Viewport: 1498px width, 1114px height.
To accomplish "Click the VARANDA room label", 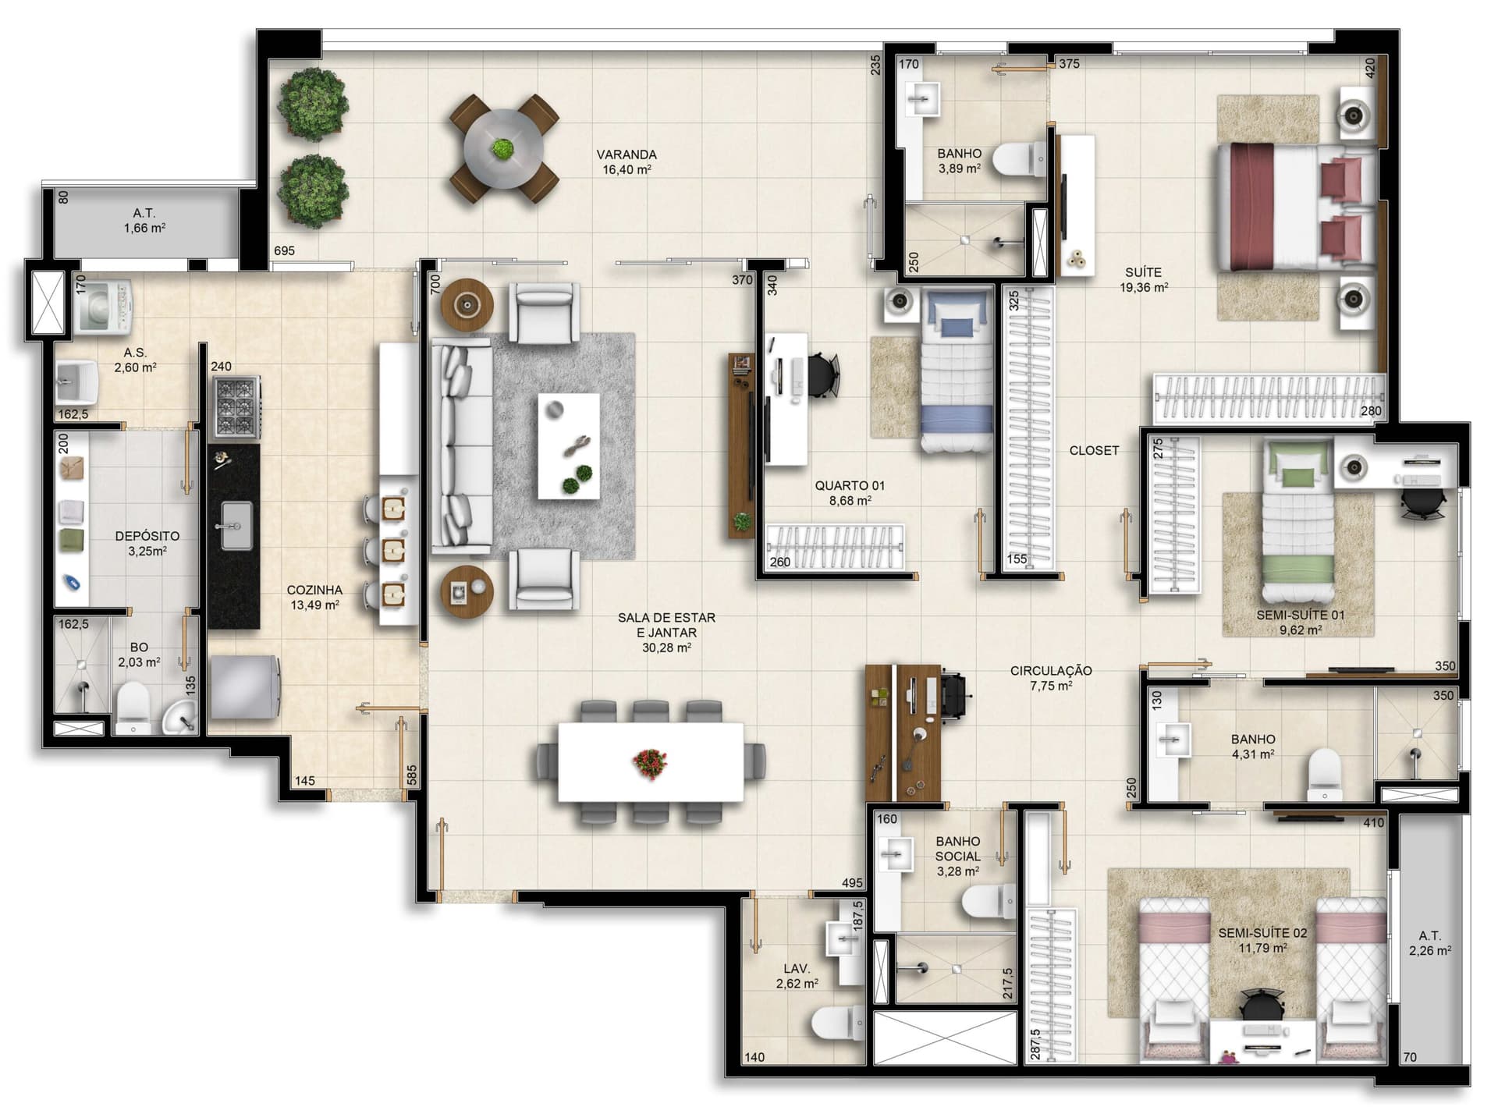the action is click(627, 154).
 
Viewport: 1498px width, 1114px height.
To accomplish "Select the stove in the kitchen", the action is click(235, 406).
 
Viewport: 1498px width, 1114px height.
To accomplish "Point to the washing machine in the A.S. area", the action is click(104, 307).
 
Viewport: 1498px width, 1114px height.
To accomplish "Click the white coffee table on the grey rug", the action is click(569, 446).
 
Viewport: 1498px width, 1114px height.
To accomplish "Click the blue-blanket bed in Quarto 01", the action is click(957, 370).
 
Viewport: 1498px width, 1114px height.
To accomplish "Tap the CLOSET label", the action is click(1094, 451).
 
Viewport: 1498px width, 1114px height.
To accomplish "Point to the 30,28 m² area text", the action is click(666, 647).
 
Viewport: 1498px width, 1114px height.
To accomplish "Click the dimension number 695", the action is click(285, 250).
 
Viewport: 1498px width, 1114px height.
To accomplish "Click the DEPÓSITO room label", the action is click(147, 536).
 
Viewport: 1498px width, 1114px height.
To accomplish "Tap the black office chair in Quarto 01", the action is click(822, 374).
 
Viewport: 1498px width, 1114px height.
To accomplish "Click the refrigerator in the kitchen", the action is click(244, 686).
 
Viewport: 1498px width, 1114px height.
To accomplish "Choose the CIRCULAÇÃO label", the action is click(1051, 670).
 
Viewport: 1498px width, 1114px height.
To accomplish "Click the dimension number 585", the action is click(412, 775).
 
